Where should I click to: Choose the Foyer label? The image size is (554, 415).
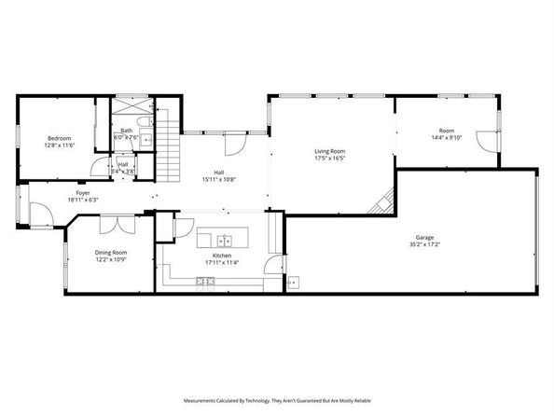click(x=82, y=194)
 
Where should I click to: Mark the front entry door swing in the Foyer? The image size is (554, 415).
click(x=40, y=215)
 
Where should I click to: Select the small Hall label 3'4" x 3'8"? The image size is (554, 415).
click(x=123, y=168)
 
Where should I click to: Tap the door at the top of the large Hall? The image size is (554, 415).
click(x=234, y=145)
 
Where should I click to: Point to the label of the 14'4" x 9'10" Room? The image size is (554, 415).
click(x=447, y=134)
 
